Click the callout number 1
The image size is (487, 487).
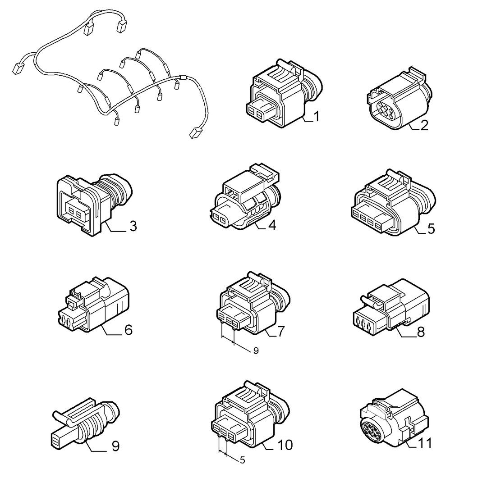point(317,117)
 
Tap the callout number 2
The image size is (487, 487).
point(424,125)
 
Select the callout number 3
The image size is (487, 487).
point(133,226)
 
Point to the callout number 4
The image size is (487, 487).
point(272,225)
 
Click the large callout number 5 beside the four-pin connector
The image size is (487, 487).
point(431,228)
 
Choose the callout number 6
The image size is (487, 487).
point(129,329)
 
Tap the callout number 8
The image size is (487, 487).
point(421,332)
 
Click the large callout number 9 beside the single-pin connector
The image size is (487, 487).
point(115,446)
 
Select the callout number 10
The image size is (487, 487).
point(285,445)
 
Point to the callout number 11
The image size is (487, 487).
point(424,443)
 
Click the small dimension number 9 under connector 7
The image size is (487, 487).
point(256,350)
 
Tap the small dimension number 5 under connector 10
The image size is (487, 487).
point(243,460)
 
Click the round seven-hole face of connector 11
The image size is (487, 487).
point(372,428)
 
